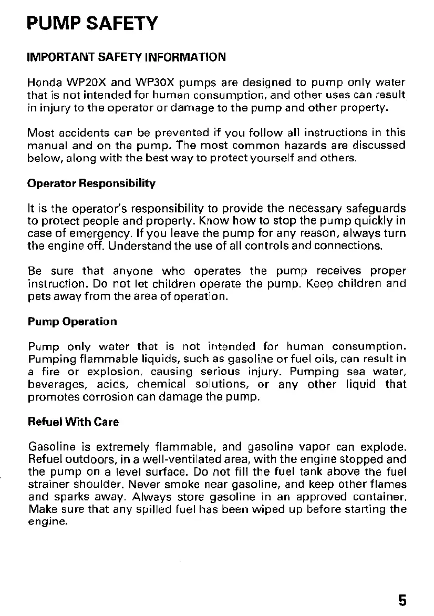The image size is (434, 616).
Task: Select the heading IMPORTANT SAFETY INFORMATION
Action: [x=126, y=57]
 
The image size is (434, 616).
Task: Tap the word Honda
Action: [x=44, y=83]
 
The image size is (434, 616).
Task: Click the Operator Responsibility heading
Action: [x=91, y=184]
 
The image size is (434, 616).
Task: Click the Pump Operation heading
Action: [x=72, y=321]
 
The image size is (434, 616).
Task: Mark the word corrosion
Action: [x=102, y=396]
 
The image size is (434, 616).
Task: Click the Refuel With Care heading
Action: [x=73, y=422]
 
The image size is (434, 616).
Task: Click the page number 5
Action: [x=402, y=600]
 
